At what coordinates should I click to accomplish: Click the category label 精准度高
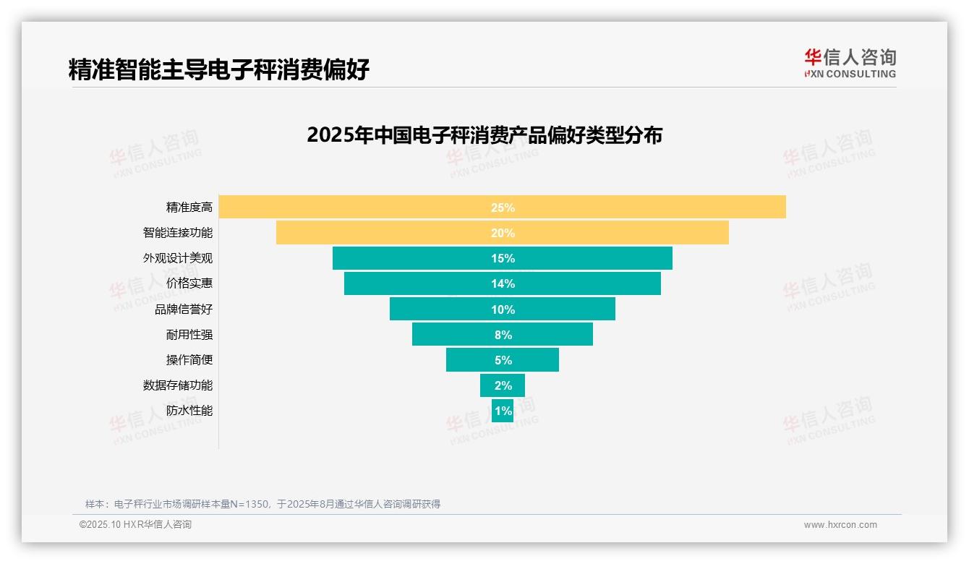[x=189, y=208]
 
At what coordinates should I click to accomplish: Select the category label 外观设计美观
[x=178, y=258]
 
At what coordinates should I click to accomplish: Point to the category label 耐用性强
[x=189, y=335]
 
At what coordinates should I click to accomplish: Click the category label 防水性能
[x=189, y=411]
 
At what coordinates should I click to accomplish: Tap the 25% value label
[x=503, y=208]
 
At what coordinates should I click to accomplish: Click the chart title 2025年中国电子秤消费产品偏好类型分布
[x=484, y=135]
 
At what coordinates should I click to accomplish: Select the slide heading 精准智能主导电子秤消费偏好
[x=218, y=69]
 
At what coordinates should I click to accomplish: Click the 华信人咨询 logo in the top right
[x=850, y=63]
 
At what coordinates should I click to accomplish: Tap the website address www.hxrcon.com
[x=840, y=525]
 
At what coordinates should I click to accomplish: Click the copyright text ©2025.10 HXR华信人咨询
[x=136, y=525]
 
